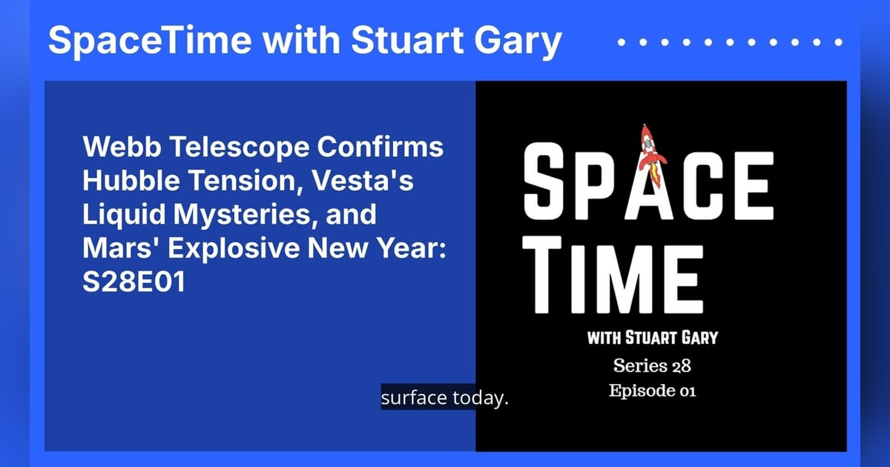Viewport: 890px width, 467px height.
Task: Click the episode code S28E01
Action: [x=133, y=285]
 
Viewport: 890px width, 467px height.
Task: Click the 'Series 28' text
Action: [x=653, y=365]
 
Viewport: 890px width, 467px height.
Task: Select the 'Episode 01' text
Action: [x=653, y=391]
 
